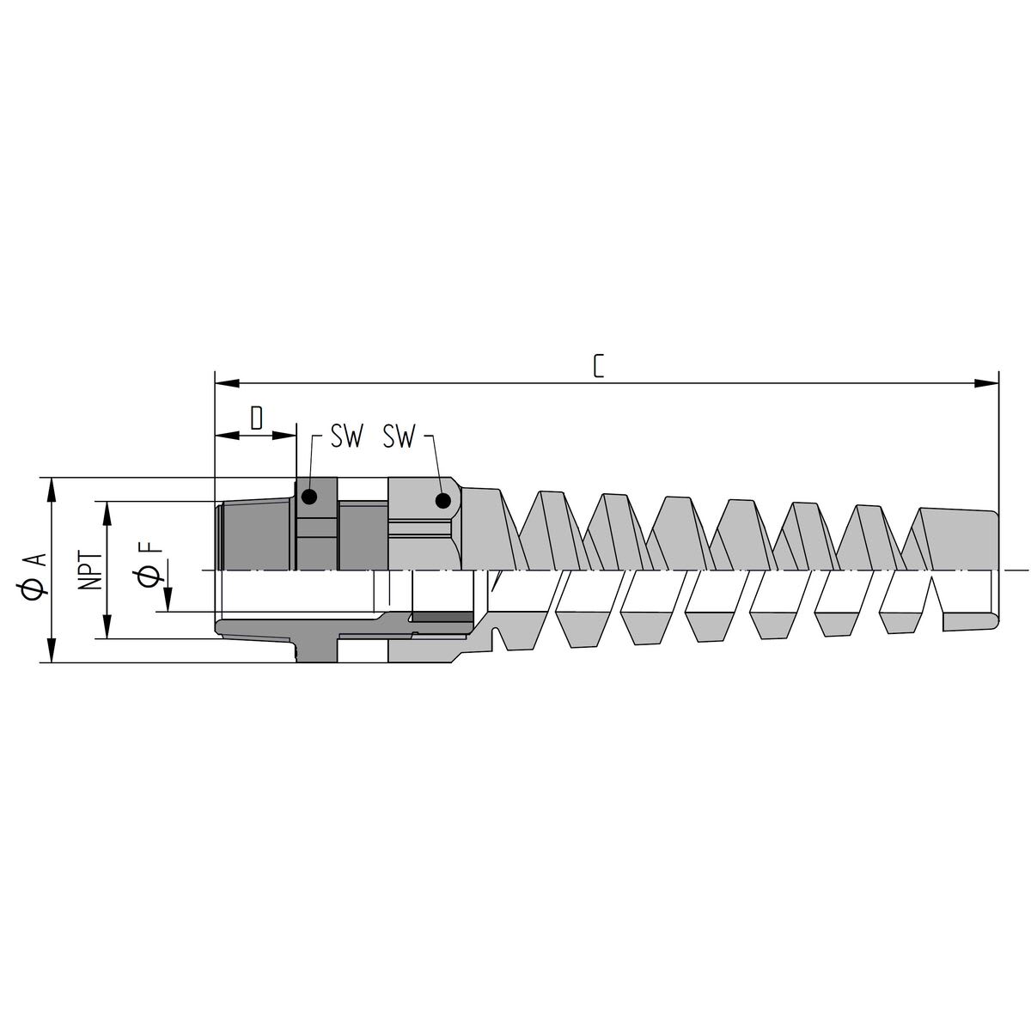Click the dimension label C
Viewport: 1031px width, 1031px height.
click(x=599, y=366)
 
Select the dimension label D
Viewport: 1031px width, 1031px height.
click(x=256, y=418)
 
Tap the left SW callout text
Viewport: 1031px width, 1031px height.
click(x=347, y=438)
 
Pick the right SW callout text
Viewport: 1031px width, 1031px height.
click(x=400, y=438)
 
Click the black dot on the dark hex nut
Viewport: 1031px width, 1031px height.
click(x=309, y=497)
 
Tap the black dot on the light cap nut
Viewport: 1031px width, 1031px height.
click(x=443, y=501)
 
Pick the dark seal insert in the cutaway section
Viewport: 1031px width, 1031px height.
click(x=442, y=618)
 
